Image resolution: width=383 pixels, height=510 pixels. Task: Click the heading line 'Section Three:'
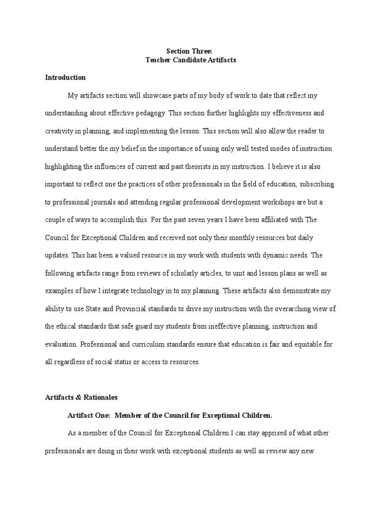(x=191, y=50)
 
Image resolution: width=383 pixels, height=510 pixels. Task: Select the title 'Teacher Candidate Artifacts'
(x=191, y=60)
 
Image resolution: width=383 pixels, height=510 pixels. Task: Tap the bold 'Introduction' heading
(x=65, y=78)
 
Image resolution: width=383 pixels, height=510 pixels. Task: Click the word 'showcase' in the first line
(x=154, y=95)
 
